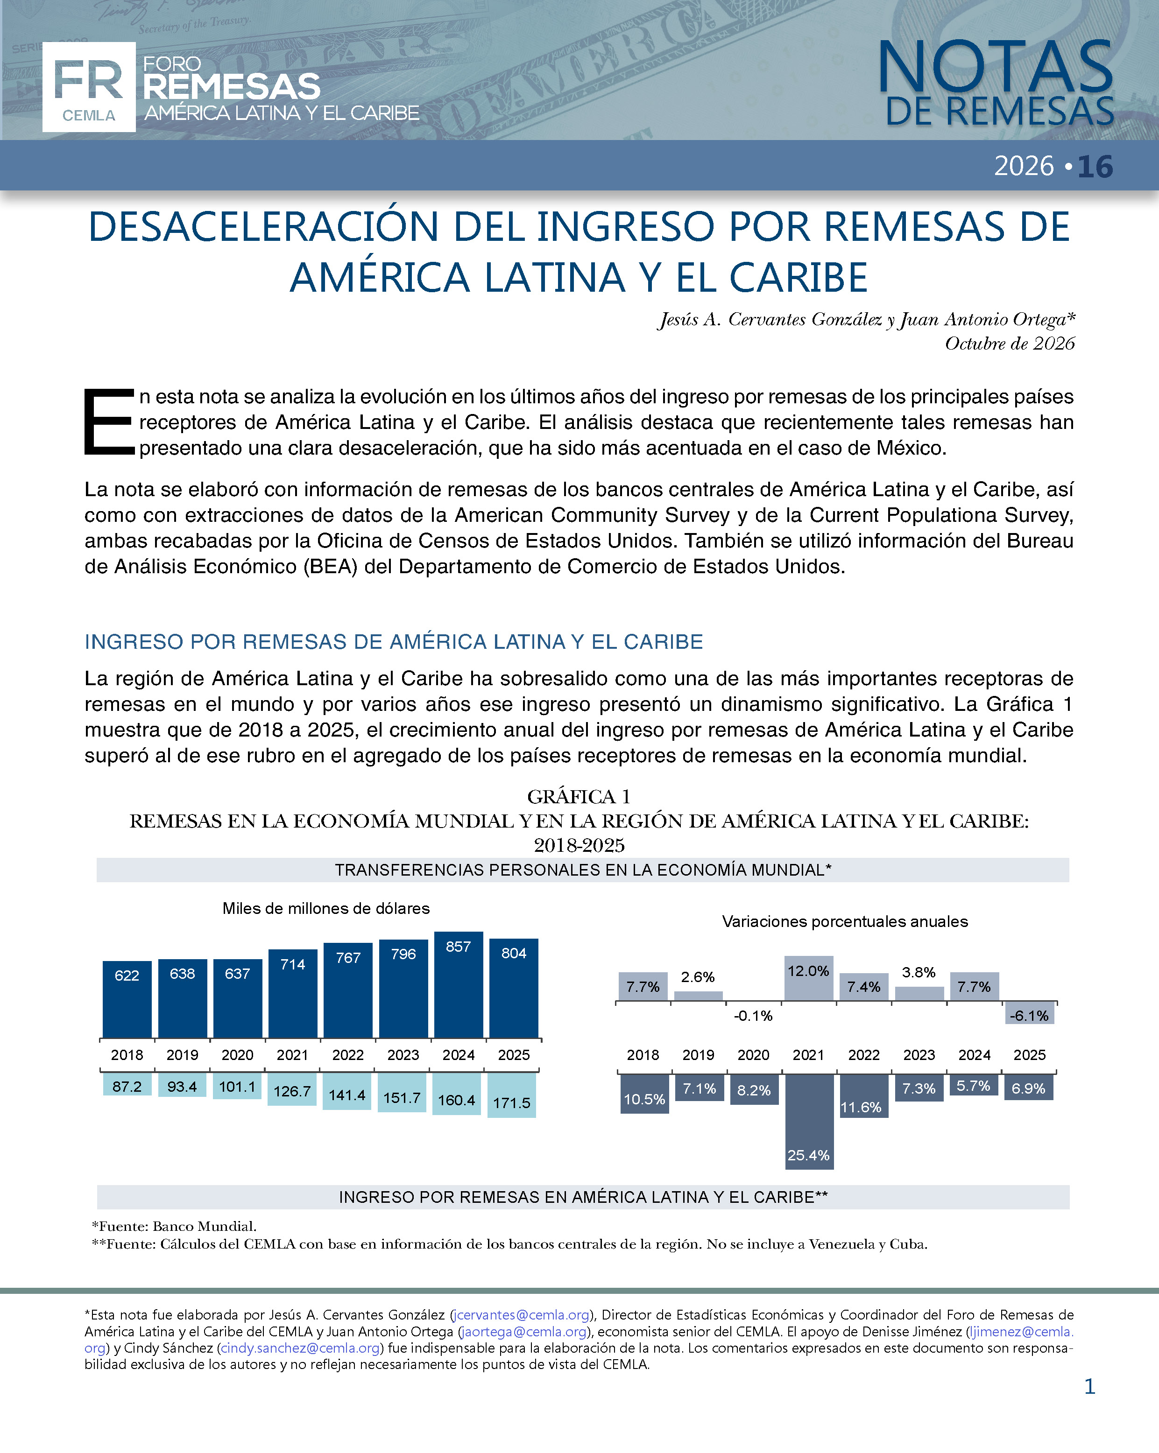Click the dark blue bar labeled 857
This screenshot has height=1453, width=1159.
pos(459,985)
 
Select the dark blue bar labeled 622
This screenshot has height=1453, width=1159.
pos(127,999)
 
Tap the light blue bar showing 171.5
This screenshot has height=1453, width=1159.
pos(512,1095)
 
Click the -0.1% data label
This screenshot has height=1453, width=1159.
pos(753,1016)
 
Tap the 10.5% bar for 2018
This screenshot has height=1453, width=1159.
pos(644,1094)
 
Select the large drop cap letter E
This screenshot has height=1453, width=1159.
pos(108,421)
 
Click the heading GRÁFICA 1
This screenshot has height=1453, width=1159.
pos(579,797)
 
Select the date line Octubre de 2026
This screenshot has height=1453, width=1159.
pos(1009,344)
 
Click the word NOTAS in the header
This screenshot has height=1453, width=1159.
pos(995,67)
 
